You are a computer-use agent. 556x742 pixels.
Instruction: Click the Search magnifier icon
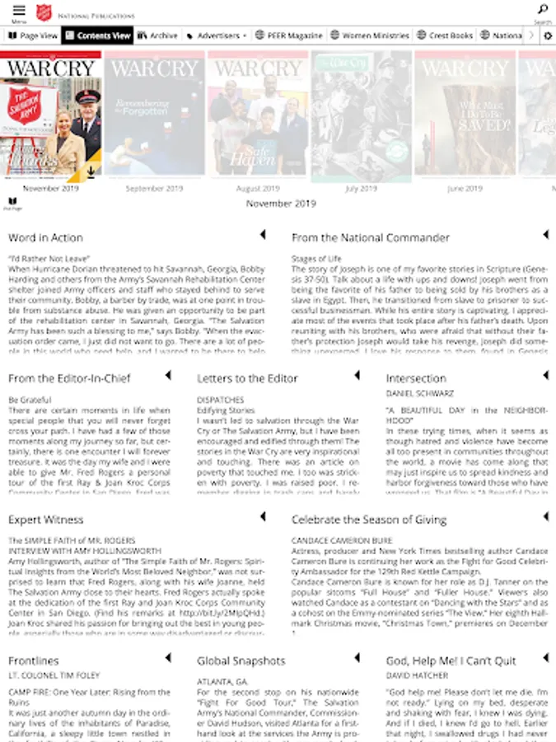click(542, 11)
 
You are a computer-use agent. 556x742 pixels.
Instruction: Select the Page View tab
click(33, 36)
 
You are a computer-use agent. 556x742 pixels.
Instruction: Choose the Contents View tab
click(97, 36)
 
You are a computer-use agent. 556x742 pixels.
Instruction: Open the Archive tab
click(157, 36)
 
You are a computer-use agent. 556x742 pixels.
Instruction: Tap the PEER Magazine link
click(288, 36)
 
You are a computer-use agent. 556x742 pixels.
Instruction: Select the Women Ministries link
click(370, 36)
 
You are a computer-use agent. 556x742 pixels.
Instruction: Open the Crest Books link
click(445, 36)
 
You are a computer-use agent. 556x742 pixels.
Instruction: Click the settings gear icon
click(548, 36)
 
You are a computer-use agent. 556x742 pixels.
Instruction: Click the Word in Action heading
click(45, 237)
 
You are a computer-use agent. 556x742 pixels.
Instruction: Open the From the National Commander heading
click(370, 237)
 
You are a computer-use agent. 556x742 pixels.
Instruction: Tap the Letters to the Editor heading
click(247, 378)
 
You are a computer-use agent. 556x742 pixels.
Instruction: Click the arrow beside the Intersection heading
click(545, 376)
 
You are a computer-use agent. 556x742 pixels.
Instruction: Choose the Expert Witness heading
click(45, 519)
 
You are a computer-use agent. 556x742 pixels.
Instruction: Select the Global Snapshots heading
click(241, 660)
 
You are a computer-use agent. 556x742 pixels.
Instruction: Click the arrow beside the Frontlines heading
click(168, 658)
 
